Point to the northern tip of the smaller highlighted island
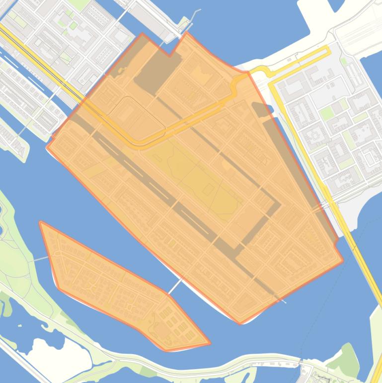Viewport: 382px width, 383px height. pos(41,222)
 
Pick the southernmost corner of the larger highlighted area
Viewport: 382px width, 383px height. pos(240,324)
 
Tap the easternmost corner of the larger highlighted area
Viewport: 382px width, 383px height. pos(343,260)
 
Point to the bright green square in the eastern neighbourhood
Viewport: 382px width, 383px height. pos(326,114)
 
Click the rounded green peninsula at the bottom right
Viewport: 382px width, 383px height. pos(348,361)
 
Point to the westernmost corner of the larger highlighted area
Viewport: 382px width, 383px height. pos(47,146)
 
